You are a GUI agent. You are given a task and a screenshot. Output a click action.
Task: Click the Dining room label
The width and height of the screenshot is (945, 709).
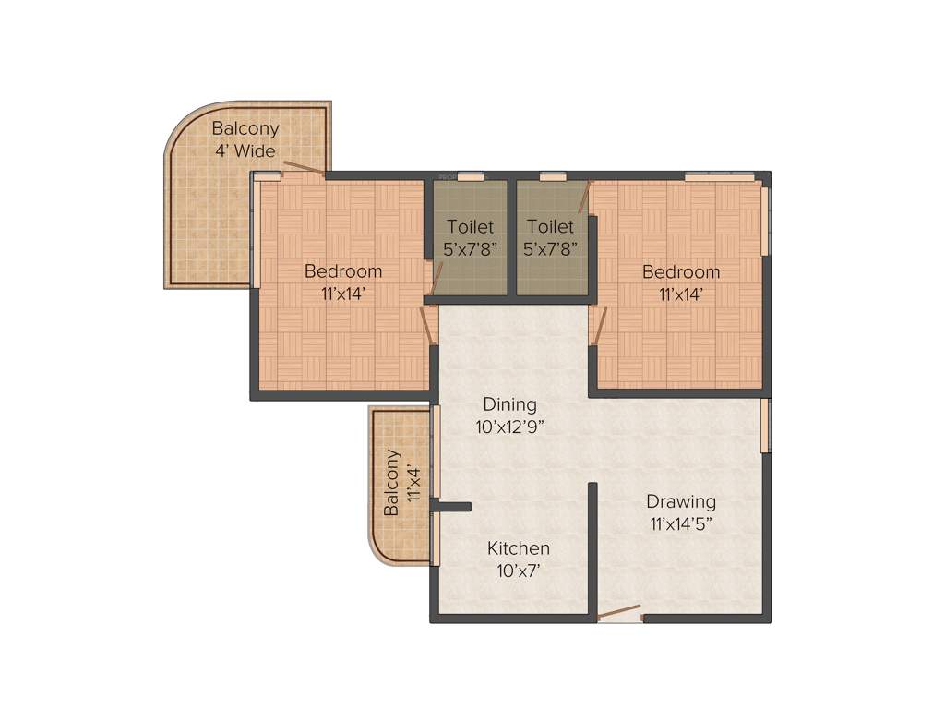point(510,404)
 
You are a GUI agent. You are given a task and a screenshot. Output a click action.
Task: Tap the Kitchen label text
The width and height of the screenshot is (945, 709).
point(519,548)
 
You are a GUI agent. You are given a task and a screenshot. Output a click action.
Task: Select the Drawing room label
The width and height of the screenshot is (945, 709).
point(681,502)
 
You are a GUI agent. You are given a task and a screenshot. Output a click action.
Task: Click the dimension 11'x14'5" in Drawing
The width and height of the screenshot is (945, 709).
point(681,524)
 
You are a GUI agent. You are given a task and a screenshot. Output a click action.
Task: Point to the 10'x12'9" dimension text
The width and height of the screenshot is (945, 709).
point(510,427)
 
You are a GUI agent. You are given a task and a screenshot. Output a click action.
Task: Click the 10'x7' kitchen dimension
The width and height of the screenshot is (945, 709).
point(519,571)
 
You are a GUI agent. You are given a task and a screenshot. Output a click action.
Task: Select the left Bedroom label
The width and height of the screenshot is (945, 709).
point(343,271)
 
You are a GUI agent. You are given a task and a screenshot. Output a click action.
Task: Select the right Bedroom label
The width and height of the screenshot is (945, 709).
point(681,271)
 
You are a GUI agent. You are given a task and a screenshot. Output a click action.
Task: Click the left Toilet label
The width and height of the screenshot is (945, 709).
point(471,226)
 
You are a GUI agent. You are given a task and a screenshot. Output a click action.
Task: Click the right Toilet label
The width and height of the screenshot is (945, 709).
point(550,226)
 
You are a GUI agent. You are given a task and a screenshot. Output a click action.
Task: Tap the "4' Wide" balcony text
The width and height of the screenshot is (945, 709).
point(245,150)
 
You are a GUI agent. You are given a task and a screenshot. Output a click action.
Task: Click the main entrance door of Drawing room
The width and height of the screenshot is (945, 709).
point(619,612)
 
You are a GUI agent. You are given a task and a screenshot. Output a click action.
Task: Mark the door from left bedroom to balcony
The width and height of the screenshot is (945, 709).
point(304,168)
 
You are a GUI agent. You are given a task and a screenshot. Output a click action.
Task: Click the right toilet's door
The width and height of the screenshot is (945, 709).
point(583,198)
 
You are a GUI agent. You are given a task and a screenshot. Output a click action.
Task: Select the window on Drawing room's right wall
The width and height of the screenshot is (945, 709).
point(765,426)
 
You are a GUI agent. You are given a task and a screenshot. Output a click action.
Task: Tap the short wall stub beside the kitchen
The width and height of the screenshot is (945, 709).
point(453,506)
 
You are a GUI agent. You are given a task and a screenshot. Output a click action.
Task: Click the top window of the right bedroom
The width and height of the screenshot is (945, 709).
point(719,175)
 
